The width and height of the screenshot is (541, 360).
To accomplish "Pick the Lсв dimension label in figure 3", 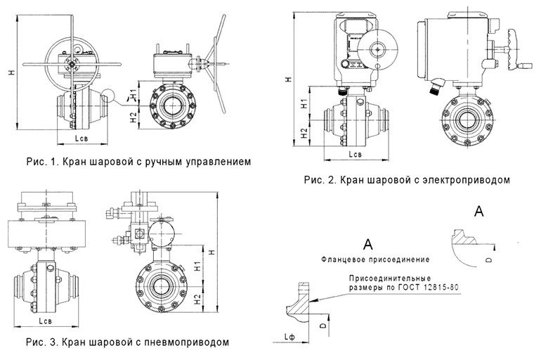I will [47, 322].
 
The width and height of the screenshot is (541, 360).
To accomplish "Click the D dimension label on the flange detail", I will [321, 326].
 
